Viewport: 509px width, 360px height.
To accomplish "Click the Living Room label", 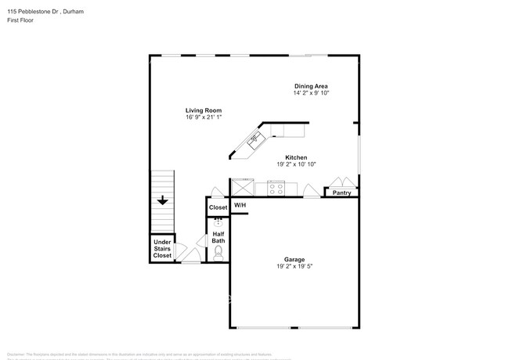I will click(x=204, y=110).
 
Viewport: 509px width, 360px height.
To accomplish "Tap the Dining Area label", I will click(x=311, y=86).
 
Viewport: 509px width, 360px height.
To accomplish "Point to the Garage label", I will click(x=294, y=259).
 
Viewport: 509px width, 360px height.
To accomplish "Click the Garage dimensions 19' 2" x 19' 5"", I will click(x=294, y=266).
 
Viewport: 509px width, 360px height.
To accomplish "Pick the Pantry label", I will click(x=341, y=193).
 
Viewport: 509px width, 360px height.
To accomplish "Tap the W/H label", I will click(x=240, y=205).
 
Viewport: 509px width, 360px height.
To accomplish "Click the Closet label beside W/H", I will click(x=218, y=207).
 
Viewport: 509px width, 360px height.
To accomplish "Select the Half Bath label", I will click(x=218, y=236).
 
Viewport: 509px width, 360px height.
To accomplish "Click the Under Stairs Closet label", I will click(x=162, y=249).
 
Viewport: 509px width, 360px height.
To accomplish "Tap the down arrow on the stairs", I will click(x=162, y=201).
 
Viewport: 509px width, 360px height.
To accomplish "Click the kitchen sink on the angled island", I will click(x=254, y=141).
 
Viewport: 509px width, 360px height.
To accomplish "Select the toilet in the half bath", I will click(x=218, y=251).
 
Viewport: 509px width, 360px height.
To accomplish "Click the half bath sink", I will click(x=218, y=222).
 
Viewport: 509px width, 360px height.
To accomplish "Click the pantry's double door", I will click(x=341, y=182).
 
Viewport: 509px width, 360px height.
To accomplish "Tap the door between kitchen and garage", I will click(x=311, y=191).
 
